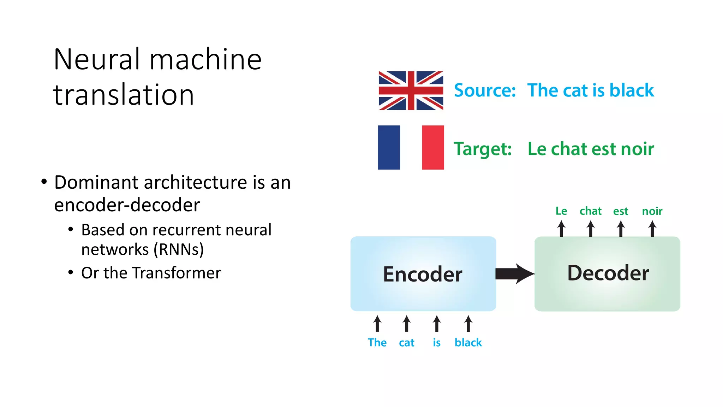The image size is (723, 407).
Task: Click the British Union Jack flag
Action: tap(411, 90)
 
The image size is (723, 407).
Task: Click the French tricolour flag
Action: tap(411, 147)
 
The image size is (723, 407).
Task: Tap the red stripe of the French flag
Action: tap(433, 147)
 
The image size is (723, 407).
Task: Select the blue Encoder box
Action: tap(423, 274)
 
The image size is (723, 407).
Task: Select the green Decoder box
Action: tap(607, 274)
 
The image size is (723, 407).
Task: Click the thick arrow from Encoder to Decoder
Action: tap(515, 274)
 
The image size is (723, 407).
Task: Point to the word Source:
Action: tap(485, 90)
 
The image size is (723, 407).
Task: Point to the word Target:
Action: tap(483, 149)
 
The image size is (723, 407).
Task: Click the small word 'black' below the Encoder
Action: tap(468, 342)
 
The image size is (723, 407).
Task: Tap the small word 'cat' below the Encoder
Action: tap(406, 343)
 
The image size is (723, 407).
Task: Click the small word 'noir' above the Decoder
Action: tap(652, 211)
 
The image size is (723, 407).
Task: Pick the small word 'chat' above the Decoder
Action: tap(590, 211)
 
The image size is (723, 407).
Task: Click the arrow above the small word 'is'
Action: tap(437, 324)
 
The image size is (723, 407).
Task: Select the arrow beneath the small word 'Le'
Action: tap(561, 229)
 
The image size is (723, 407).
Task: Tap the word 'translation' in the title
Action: tap(124, 95)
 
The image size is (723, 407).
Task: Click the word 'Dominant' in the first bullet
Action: tap(96, 183)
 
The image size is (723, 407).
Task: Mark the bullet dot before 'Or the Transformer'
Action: tap(71, 273)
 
